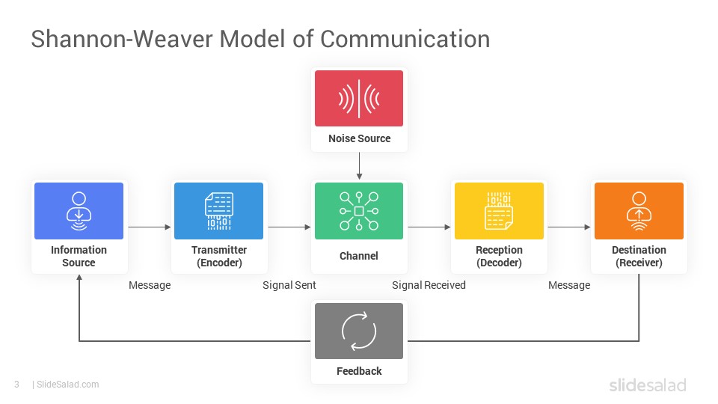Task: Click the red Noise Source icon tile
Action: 359,98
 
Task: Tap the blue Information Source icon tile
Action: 79,210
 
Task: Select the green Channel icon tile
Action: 359,210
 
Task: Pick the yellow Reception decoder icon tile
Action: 499,210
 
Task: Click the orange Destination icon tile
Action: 639,210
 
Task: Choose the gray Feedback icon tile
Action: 359,331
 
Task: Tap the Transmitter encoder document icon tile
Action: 218,210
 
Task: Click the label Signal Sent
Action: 289,285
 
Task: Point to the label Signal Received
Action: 429,285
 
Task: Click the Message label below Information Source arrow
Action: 150,285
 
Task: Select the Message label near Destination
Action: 569,285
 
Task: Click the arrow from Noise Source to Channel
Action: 359,165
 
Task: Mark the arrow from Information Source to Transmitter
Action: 150,227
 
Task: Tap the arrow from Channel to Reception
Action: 429,227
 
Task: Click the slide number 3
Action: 16,385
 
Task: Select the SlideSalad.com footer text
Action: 67,385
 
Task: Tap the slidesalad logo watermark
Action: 647,385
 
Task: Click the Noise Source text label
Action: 359,138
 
